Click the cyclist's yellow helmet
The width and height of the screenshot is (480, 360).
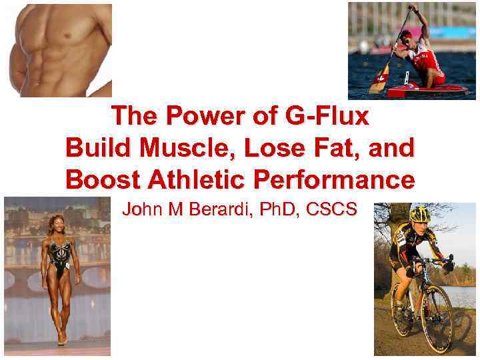tap(420, 215)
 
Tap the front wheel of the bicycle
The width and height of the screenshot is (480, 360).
tap(437, 318)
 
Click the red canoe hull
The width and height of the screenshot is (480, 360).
tap(427, 90)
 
